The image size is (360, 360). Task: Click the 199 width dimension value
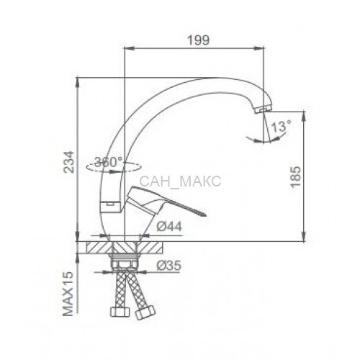click(198, 40)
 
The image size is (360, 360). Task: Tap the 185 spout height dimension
click(295, 176)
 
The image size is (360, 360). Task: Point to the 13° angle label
click(281, 126)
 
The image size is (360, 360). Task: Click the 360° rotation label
click(109, 162)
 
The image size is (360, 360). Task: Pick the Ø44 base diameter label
click(169, 226)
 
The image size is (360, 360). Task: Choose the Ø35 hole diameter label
click(168, 266)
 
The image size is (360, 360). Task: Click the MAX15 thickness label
click(68, 294)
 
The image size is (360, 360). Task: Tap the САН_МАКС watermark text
click(180, 181)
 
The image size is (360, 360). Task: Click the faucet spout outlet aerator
click(264, 109)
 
